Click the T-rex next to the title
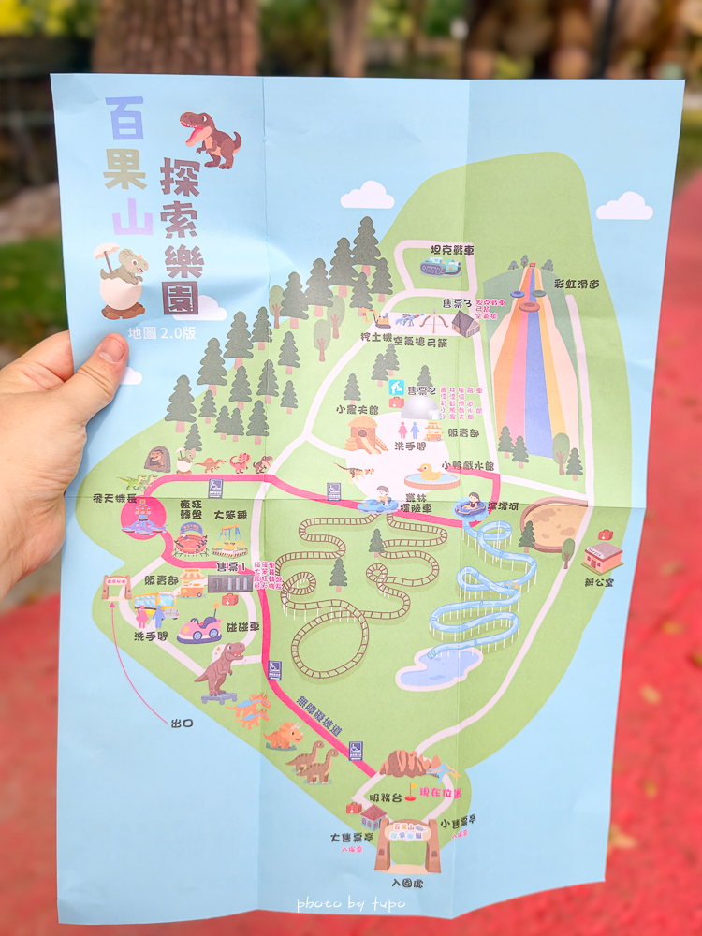coord(212,139)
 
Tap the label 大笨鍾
coord(230,513)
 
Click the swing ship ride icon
coord(228,540)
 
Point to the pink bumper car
coord(201,627)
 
